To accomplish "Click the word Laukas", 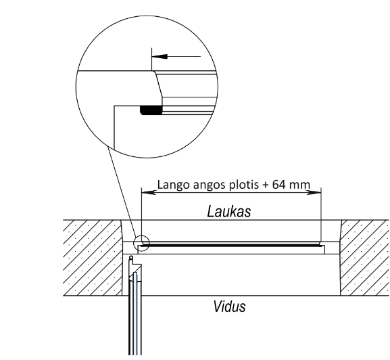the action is pyautogui.click(x=229, y=212).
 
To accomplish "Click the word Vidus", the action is pyautogui.click(x=229, y=307).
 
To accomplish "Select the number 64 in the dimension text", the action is pyautogui.click(x=278, y=185).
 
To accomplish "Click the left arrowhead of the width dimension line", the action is pyautogui.click(x=149, y=192).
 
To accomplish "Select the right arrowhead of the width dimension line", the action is pyautogui.click(x=314, y=192).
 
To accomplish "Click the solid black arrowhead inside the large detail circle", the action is pyautogui.click(x=160, y=57).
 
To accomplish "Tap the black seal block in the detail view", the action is pyautogui.click(x=151, y=110).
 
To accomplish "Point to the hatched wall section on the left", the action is pyautogui.click(x=93, y=258).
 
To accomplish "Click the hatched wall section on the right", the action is pyautogui.click(x=364, y=258).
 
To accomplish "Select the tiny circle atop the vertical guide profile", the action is pyautogui.click(x=131, y=257).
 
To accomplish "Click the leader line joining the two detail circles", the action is pyautogui.click(x=122, y=192).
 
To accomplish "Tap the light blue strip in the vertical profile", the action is pyautogui.click(x=135, y=314).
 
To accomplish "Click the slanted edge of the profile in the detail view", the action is pyautogui.click(x=158, y=85).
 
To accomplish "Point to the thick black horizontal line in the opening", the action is pyautogui.click(x=230, y=246).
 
